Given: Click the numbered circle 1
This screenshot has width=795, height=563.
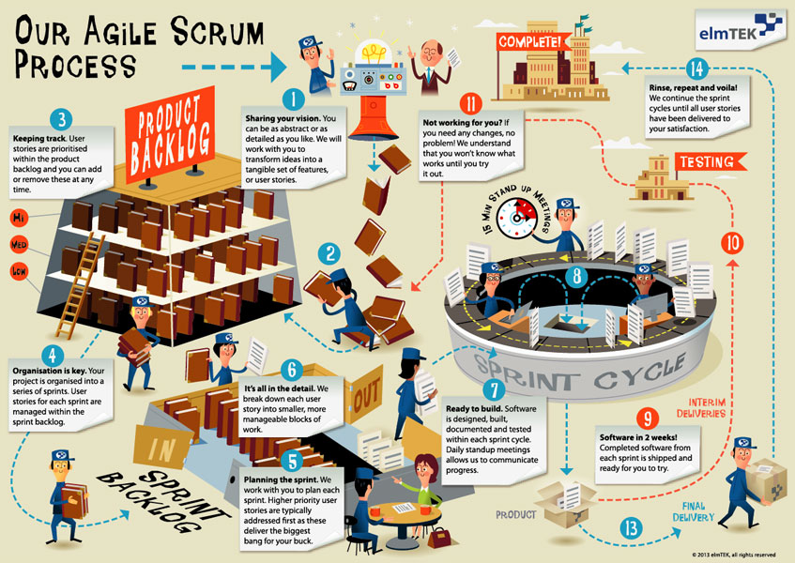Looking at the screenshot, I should [294, 98].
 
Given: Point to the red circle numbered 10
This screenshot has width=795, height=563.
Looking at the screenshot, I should [734, 242].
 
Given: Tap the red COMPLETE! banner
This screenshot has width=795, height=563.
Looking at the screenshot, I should [532, 42].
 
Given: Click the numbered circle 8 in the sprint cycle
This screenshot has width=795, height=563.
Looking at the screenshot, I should [578, 277].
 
